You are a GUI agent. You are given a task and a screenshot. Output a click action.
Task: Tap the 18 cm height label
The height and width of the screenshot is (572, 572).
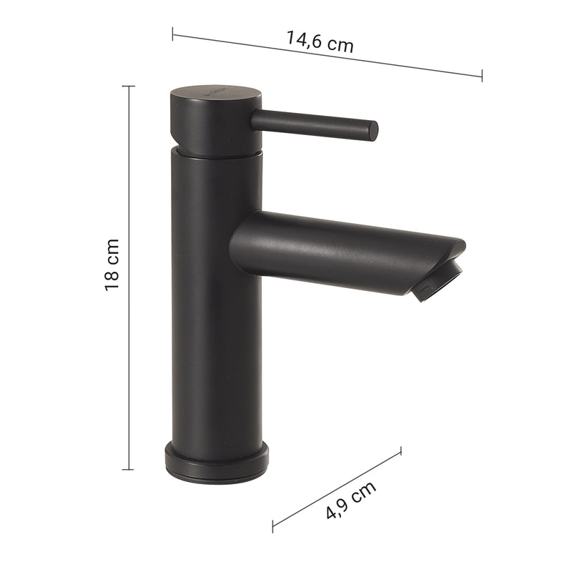[112, 264]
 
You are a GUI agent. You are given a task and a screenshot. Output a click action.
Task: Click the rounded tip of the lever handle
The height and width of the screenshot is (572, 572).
[373, 130]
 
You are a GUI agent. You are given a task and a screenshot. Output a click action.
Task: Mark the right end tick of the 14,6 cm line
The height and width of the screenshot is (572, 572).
[482, 75]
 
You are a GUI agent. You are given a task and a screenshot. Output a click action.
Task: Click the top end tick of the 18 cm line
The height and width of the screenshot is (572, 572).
[129, 86]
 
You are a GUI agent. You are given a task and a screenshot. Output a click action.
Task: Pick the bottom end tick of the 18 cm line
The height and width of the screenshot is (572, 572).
[129, 470]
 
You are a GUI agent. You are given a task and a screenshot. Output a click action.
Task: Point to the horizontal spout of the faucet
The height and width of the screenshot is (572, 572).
[343, 247]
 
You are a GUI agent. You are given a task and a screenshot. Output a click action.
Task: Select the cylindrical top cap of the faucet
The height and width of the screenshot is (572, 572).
[214, 118]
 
